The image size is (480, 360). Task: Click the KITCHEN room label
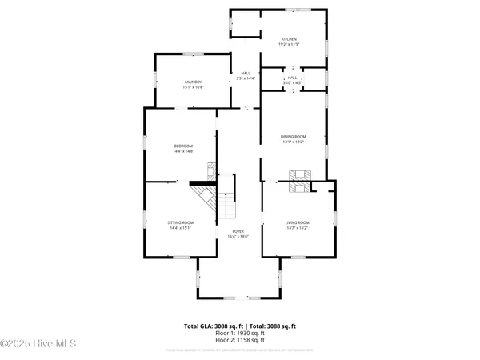[289, 39]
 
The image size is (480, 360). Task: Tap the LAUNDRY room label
[193, 82]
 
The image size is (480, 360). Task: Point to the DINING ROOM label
[293, 137]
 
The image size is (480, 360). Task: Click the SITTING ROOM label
[181, 222]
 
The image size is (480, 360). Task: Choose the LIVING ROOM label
[298, 222]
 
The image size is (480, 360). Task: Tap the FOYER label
[238, 230]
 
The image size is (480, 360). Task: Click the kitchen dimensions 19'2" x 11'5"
[289, 45]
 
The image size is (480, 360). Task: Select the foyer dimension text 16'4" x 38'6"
[238, 236]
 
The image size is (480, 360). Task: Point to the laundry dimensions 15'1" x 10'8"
[193, 87]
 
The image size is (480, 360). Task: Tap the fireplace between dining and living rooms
[302, 181]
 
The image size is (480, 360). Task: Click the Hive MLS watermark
[38, 343]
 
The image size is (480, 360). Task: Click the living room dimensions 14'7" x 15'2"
[298, 228]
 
